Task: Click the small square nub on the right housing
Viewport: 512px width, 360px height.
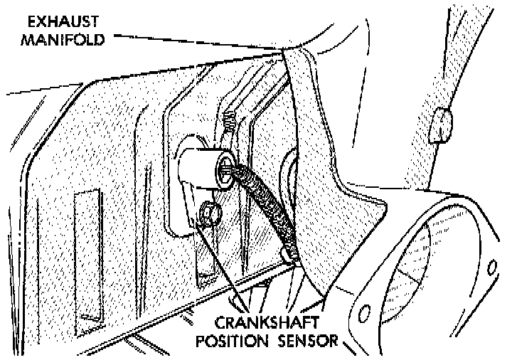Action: pyautogui.click(x=442, y=125)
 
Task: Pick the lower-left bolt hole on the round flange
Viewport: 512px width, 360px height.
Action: pyautogui.click(x=364, y=314)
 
